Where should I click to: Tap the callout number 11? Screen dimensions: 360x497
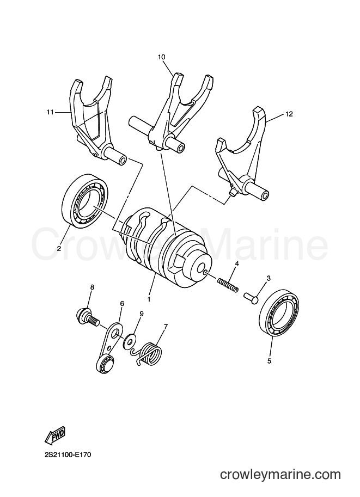50,112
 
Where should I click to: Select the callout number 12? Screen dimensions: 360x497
289,114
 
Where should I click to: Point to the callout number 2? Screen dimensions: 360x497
59,249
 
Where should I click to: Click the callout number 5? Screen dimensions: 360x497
269,361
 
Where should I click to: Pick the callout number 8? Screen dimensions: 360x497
92,287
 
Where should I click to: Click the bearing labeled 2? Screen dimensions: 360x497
86,200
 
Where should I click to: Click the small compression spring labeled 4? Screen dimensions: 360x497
228,285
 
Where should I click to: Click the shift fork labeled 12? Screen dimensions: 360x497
242,158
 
